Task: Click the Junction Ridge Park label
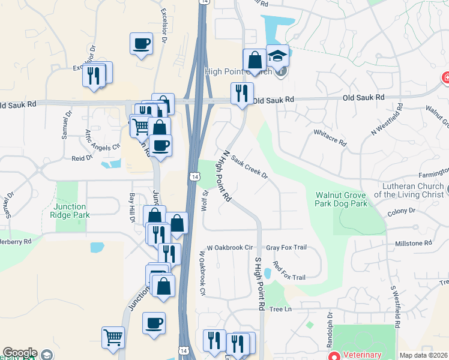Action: pos(70,211)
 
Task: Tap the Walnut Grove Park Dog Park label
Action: pos(341,199)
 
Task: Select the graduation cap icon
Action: pos(277,56)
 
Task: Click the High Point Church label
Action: pos(238,71)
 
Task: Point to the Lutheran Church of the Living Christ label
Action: pos(409,190)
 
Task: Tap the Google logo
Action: pos(20,353)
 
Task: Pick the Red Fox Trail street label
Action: pos(289,271)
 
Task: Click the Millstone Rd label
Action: pos(412,243)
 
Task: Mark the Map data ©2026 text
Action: pos(423,355)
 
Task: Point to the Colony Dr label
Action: pos(402,211)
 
